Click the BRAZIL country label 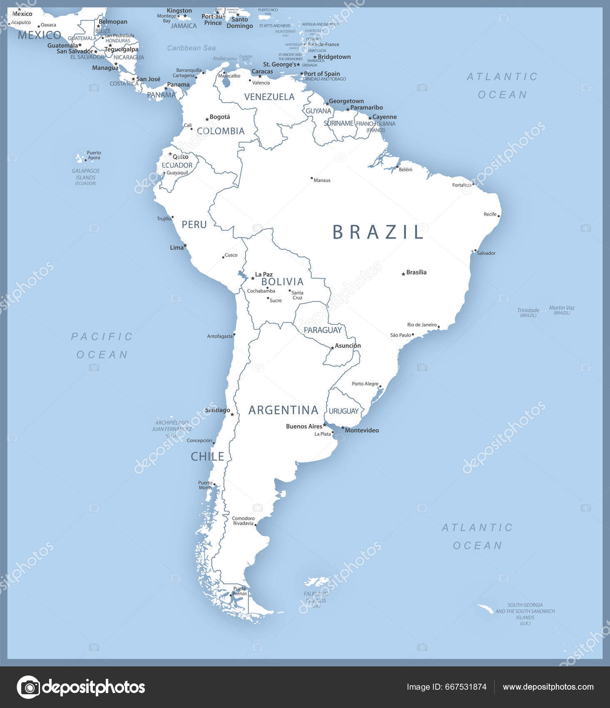[378, 232]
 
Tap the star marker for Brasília [403, 274]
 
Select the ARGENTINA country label [283, 410]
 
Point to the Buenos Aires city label [304, 426]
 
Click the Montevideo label [362, 430]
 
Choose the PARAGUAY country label [323, 330]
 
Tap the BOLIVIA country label [282, 282]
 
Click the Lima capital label [177, 247]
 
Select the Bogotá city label [219, 117]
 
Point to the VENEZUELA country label [269, 97]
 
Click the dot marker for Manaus [311, 178]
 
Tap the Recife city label [490, 214]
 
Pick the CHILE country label [207, 456]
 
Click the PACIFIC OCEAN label [102, 345]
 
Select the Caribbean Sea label [191, 48]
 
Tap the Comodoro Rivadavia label [243, 521]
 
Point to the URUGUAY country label [344, 411]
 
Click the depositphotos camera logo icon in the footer [28, 687]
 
